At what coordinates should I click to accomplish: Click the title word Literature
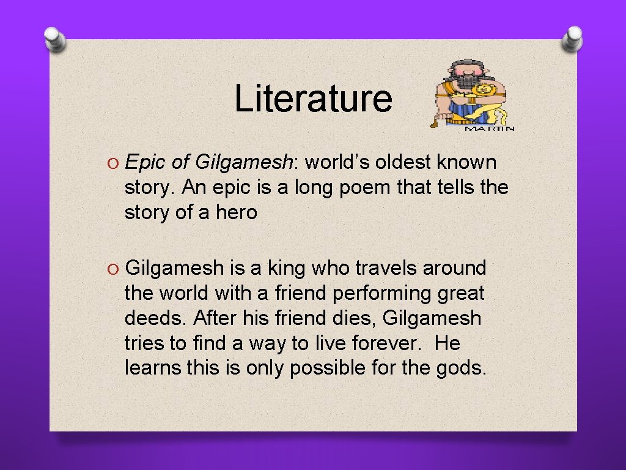click(x=313, y=98)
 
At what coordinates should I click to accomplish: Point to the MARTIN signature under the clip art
click(x=490, y=129)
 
